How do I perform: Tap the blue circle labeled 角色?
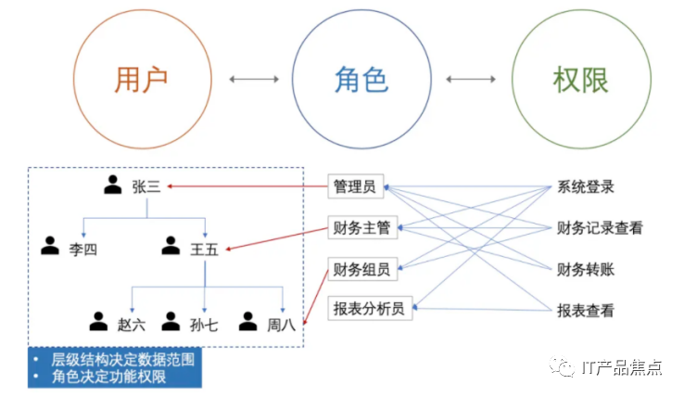(361, 80)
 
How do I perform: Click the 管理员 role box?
(354, 186)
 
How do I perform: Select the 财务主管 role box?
(361, 228)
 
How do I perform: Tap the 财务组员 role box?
(361, 269)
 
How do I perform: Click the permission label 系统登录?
(586, 187)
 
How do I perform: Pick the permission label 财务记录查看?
(600, 228)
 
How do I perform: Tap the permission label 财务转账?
(586, 270)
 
